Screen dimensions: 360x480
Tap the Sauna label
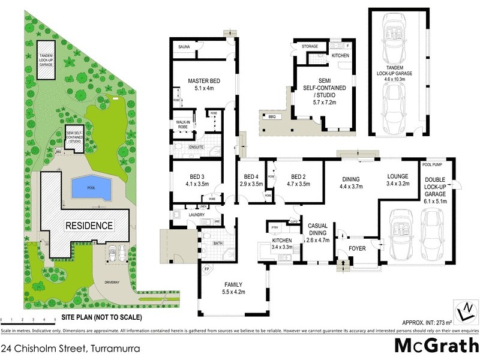(x=184, y=46)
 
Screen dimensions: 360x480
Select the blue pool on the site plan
(x=91, y=188)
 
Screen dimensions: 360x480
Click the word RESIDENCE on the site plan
(x=89, y=226)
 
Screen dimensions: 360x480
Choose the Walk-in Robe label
(x=184, y=124)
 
